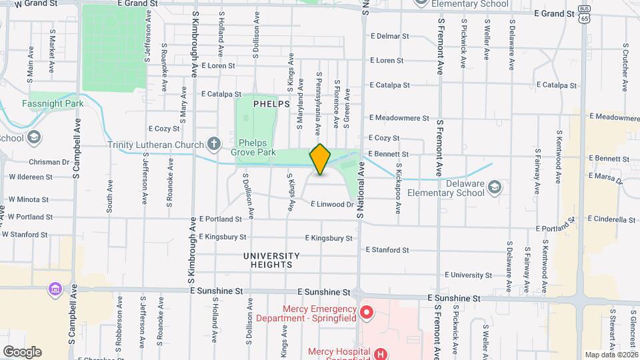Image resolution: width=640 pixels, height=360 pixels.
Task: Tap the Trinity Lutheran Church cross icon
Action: pyautogui.click(x=213, y=143)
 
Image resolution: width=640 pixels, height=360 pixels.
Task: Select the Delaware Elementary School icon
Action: pyautogui.click(x=494, y=186)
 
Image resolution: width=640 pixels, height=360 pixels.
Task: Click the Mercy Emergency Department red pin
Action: pyautogui.click(x=366, y=312)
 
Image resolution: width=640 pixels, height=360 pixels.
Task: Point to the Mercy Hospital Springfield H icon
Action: pyautogui.click(x=380, y=353)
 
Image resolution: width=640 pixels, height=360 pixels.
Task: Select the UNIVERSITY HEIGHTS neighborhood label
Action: pyautogui.click(x=271, y=260)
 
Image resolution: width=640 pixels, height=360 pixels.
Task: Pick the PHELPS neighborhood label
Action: pyautogui.click(x=271, y=104)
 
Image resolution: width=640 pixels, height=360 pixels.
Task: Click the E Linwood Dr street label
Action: pyautogui.click(x=331, y=204)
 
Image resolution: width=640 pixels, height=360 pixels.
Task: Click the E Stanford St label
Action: pyautogui.click(x=387, y=250)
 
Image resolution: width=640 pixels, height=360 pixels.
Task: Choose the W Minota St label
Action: pyautogui.click(x=29, y=199)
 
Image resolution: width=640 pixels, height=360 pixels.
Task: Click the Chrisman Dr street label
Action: pyautogui.click(x=49, y=162)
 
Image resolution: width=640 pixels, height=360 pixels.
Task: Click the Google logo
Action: pyautogui.click(x=22, y=352)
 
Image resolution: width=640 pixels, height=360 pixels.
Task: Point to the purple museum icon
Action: pyautogui.click(x=54, y=290)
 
